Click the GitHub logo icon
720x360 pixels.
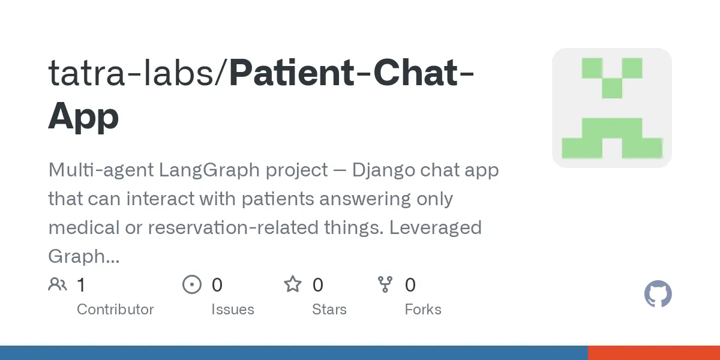click(x=658, y=295)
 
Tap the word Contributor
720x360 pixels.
click(x=115, y=310)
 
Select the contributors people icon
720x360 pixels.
click(x=58, y=284)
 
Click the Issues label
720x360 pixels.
click(x=232, y=310)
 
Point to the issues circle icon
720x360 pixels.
click(x=192, y=284)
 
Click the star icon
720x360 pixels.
click(x=293, y=284)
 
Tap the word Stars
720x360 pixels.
click(x=329, y=310)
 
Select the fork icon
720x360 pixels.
click(x=385, y=284)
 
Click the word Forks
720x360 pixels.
click(x=422, y=310)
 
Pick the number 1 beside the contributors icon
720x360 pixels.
click(x=81, y=284)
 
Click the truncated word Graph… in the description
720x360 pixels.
click(x=83, y=257)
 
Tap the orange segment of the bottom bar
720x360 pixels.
click(x=653, y=353)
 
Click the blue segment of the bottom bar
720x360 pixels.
click(x=294, y=353)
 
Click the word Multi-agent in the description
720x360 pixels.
click(x=100, y=170)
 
